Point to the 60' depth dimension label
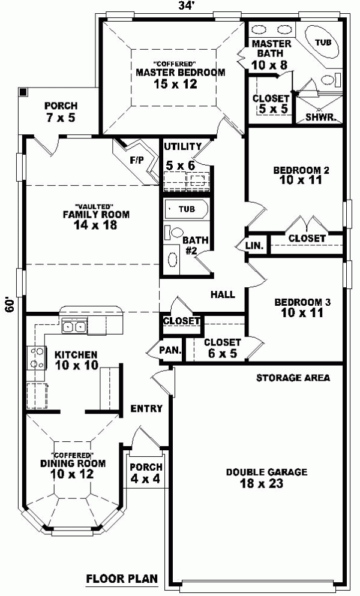pos(10,304)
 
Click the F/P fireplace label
pos(137,160)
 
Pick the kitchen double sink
pos(74,327)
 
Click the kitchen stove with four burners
pos(36,358)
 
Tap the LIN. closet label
pos(254,246)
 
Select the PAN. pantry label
pos(170,350)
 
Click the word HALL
pos(223,294)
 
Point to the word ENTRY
pos(146,408)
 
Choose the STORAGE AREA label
pos(293,378)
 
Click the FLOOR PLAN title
pos(122,579)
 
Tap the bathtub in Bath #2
pos(187,209)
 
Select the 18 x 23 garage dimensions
pos(262,483)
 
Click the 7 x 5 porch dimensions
pos(61,118)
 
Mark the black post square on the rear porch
pos(23,92)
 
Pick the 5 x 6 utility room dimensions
pos(181,165)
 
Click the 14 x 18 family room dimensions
pos(95,225)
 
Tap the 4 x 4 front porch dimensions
pos(145,478)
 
